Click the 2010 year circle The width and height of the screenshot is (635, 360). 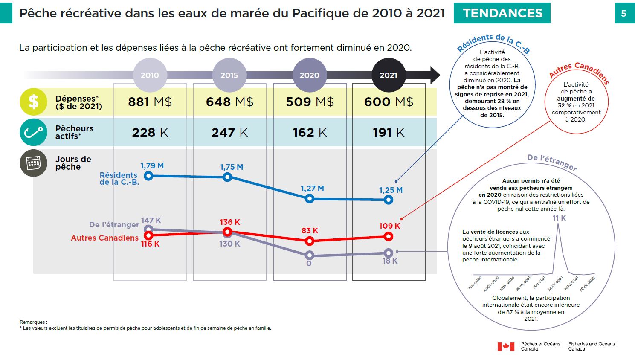point(150,75)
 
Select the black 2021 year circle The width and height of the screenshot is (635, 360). point(389,75)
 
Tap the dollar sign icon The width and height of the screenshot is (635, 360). point(33,102)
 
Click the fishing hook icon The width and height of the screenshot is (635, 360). point(33,132)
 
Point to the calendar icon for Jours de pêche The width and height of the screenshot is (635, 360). point(33,163)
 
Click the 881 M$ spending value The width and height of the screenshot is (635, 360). point(150,102)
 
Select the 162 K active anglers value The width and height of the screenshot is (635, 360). point(310,133)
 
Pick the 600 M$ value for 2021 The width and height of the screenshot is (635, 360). point(389,102)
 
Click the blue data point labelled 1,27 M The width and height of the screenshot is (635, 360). point(310,198)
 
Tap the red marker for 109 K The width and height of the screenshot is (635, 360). point(388,236)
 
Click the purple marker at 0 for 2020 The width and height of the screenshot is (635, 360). point(310,255)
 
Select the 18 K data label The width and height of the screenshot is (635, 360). point(390,261)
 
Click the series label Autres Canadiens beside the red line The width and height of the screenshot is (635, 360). point(104,238)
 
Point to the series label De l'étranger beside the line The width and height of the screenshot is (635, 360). point(114,225)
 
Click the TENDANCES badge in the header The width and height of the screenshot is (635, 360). point(502,13)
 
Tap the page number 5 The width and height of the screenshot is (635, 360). point(623,14)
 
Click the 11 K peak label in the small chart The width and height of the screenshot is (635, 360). point(559,218)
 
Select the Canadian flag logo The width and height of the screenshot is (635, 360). point(506,346)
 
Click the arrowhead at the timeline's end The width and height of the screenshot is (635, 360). point(435,75)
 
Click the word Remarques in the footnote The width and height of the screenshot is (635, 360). point(33,322)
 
